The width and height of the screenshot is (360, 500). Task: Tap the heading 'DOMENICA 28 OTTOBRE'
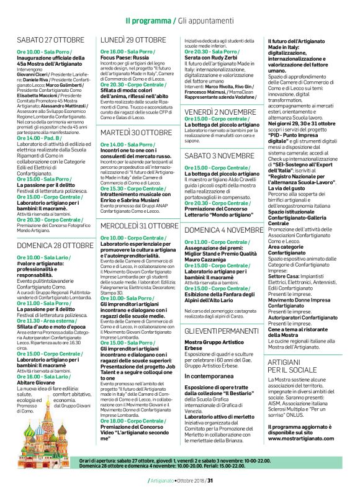(x=55, y=246)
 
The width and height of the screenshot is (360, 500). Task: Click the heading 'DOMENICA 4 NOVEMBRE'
(x=224, y=229)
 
